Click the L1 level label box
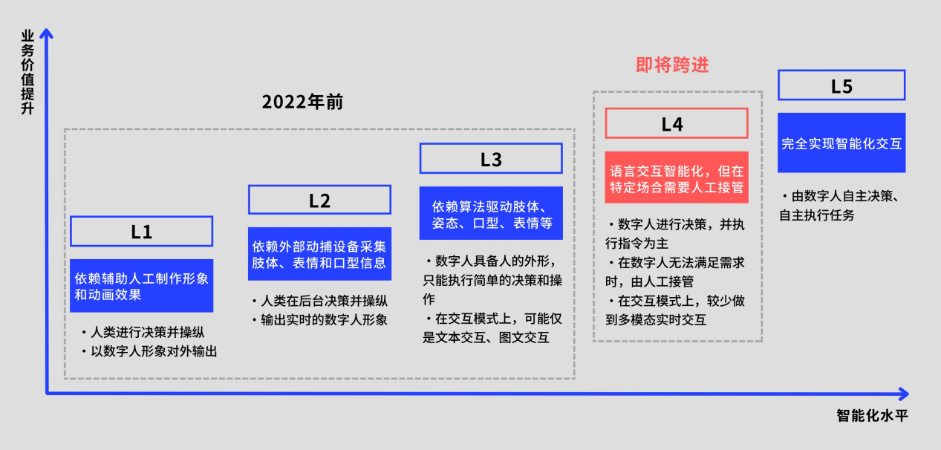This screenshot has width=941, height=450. point(141,231)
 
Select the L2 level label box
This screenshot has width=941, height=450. point(319,200)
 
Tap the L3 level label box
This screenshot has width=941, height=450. point(491,159)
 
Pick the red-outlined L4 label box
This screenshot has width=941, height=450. point(676,123)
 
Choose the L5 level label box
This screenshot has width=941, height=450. point(841,85)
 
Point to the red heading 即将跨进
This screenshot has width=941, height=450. point(672,65)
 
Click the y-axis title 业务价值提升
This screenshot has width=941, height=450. point(28,71)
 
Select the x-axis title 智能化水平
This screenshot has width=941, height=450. point(872,415)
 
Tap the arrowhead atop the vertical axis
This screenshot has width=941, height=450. point(47,33)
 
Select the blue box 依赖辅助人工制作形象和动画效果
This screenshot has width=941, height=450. point(141,286)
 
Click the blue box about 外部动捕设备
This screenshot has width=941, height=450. point(319,254)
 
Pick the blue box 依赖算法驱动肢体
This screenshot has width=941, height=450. point(491,213)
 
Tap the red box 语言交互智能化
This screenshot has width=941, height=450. point(676,177)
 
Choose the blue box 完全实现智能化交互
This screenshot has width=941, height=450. point(841,144)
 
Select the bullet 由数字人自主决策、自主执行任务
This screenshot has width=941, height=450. point(841,206)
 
